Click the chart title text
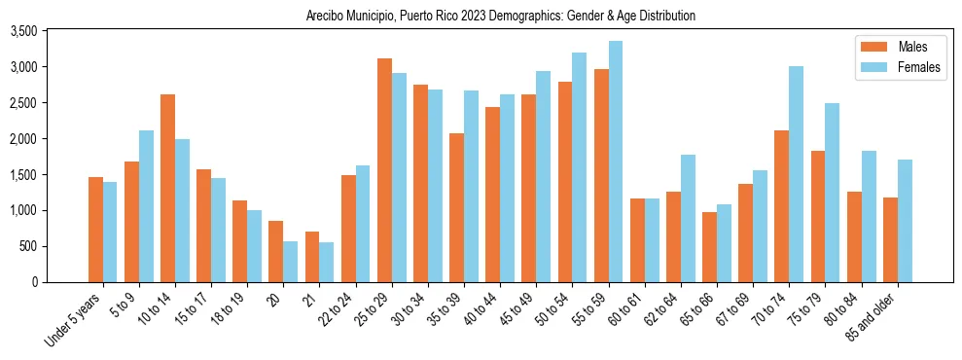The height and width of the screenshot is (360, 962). coord(500,17)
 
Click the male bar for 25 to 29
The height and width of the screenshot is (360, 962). coord(384,170)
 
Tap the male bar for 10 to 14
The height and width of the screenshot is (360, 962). coord(167,188)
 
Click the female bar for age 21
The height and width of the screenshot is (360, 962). coord(327,262)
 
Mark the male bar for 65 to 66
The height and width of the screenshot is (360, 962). coord(709,247)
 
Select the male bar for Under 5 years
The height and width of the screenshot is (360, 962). coord(95,230)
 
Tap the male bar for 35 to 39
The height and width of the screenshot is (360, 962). coord(456,207)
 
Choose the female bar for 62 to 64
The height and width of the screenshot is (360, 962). coord(688,218)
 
